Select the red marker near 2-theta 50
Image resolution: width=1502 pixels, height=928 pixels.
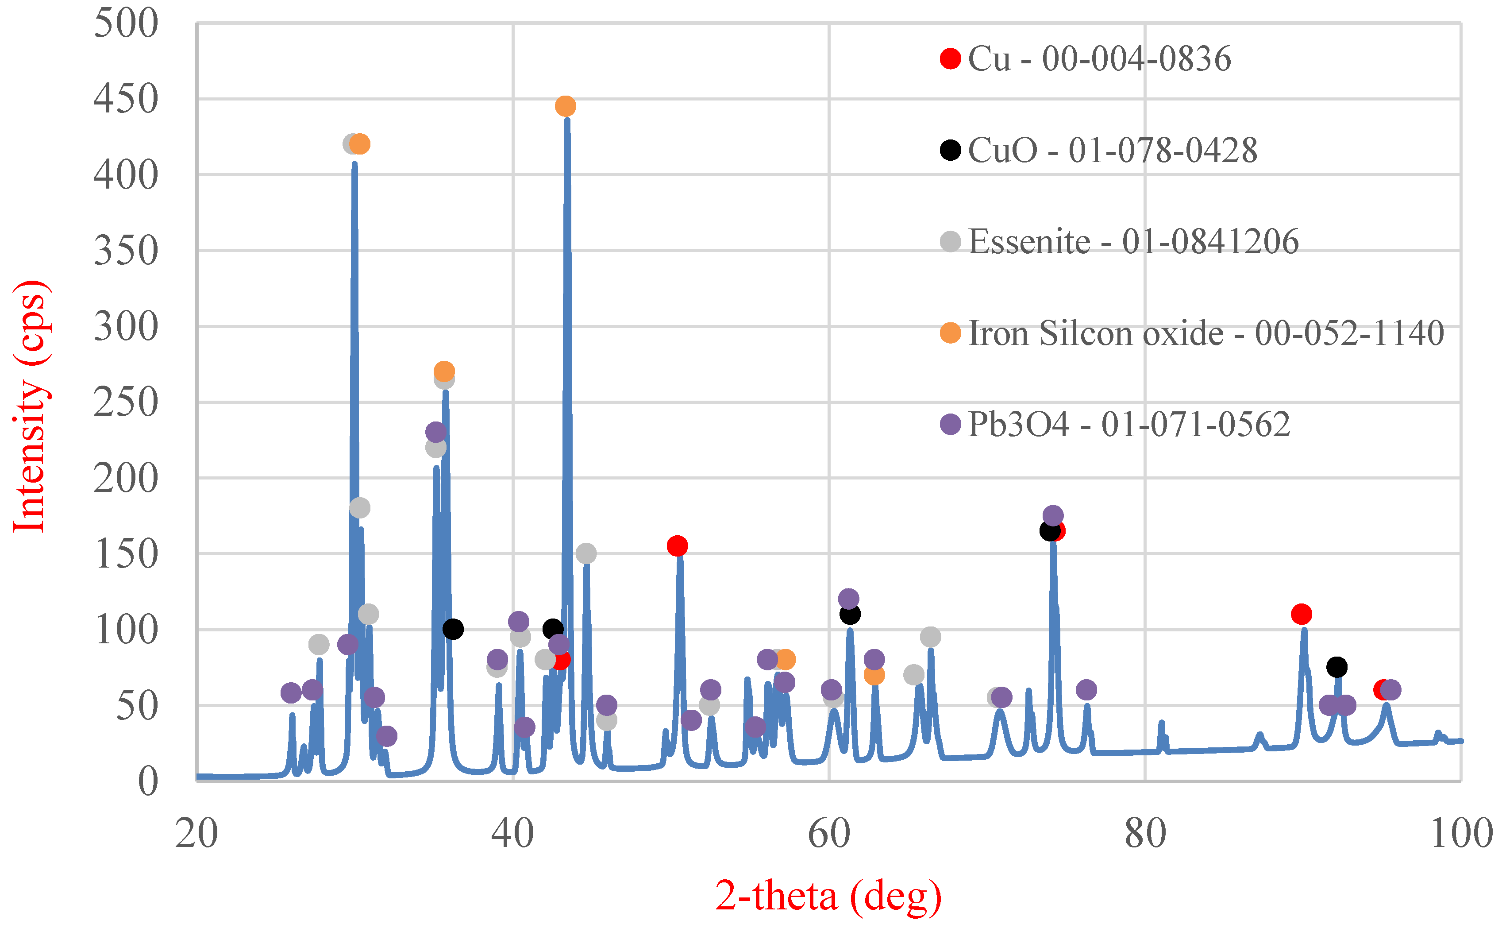coord(677,545)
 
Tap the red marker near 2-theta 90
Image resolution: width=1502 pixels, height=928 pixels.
coord(1301,614)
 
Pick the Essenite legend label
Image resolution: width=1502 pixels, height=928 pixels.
coord(1133,241)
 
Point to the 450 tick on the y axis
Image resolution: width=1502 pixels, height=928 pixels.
coord(126,99)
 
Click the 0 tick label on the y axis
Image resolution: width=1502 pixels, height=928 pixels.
coord(148,782)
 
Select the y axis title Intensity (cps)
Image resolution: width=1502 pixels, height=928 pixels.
coord(30,406)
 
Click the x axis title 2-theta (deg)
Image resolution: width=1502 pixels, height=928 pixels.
coord(828,896)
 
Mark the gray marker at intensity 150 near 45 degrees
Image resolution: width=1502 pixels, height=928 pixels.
coord(586,553)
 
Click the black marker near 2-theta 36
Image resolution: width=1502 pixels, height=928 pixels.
coord(453,629)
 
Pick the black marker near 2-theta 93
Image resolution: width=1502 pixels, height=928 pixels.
coord(1336,666)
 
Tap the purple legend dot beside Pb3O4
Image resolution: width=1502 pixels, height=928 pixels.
coord(950,424)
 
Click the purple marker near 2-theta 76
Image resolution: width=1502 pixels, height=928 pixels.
coord(1086,689)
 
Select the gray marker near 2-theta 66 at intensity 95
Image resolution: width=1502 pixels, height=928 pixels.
coord(930,637)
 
